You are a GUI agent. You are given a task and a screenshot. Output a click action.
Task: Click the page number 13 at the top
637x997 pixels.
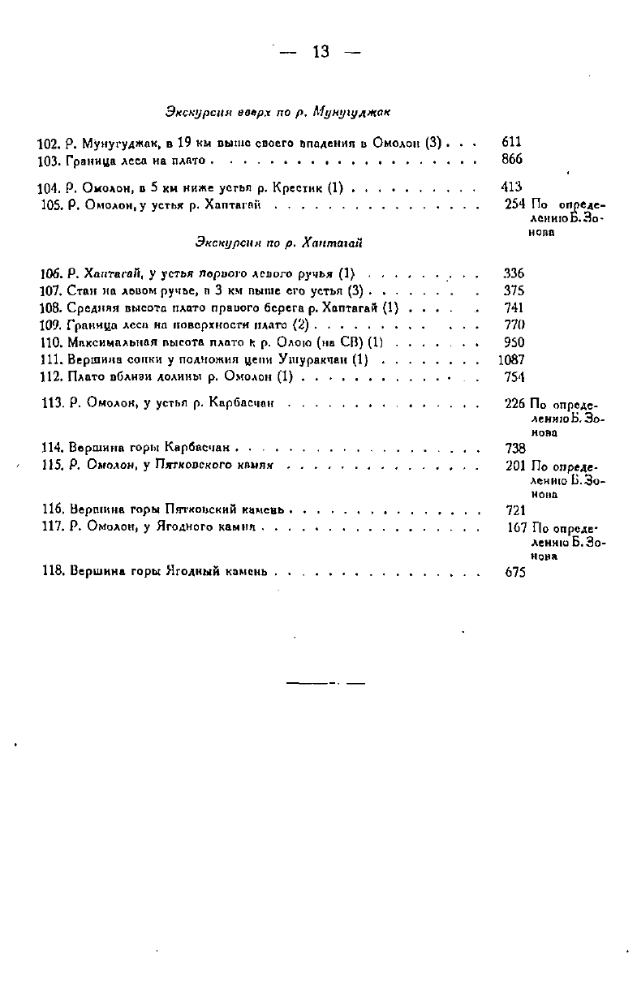click(320, 52)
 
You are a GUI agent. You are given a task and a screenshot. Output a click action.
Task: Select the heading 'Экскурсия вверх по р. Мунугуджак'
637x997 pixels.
click(280, 111)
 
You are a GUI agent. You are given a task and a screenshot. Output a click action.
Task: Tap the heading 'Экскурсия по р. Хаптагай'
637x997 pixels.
click(278, 242)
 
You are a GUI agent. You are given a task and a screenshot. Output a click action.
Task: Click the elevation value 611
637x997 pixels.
click(512, 142)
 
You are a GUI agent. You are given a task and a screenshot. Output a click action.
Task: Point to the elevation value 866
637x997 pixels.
click(512, 159)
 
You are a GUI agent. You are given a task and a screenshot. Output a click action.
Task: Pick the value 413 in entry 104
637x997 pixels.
click(512, 187)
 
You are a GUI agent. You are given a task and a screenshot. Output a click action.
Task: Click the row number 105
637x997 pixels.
click(52, 204)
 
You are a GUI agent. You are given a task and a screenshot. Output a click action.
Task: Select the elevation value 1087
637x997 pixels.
click(511, 359)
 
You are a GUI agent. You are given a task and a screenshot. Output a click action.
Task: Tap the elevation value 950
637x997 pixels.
click(514, 342)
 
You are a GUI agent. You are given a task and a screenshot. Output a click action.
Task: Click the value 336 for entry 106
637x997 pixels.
click(514, 273)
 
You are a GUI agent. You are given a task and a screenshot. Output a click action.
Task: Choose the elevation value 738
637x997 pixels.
click(514, 448)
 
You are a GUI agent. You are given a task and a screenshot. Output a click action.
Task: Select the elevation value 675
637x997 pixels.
click(515, 572)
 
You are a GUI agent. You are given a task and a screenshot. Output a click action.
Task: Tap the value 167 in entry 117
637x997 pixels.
click(517, 528)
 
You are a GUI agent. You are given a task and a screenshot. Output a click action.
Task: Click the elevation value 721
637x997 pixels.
click(515, 510)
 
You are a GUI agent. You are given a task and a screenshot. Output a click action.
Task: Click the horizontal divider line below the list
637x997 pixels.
click(325, 683)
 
